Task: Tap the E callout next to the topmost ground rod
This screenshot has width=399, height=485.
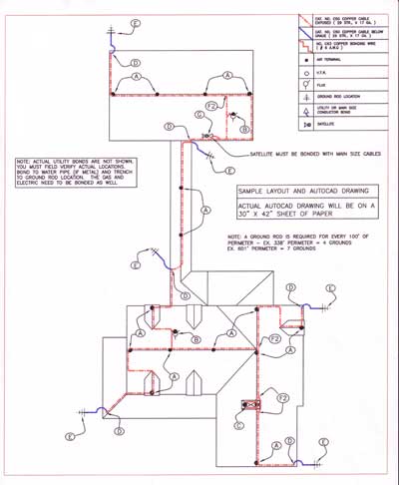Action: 137,21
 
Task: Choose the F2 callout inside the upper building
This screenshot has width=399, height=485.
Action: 209,105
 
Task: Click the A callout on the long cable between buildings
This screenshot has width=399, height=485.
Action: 205,212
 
